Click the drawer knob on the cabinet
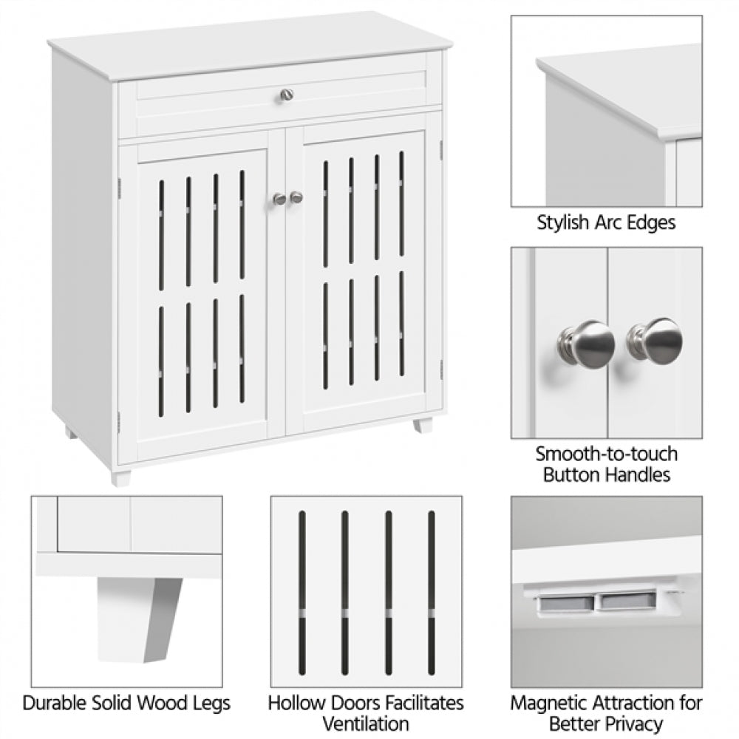[x=287, y=95]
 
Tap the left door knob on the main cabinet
[x=279, y=198]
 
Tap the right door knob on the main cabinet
[x=296, y=197]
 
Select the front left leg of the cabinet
[x=120, y=477]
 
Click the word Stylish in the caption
[x=563, y=222]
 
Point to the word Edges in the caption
[x=650, y=223]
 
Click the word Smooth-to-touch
[x=606, y=453]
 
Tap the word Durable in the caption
[x=55, y=702]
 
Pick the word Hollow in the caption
[x=293, y=702]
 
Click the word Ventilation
[x=366, y=723]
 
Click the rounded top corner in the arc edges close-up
[x=547, y=65]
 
